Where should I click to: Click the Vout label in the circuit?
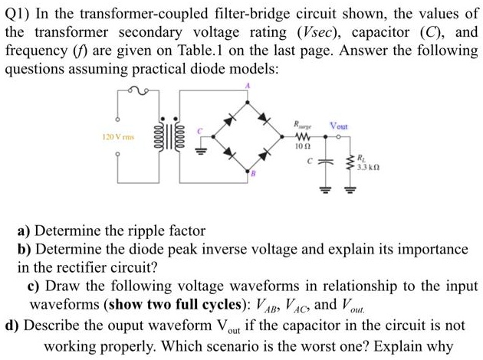point(338,126)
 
